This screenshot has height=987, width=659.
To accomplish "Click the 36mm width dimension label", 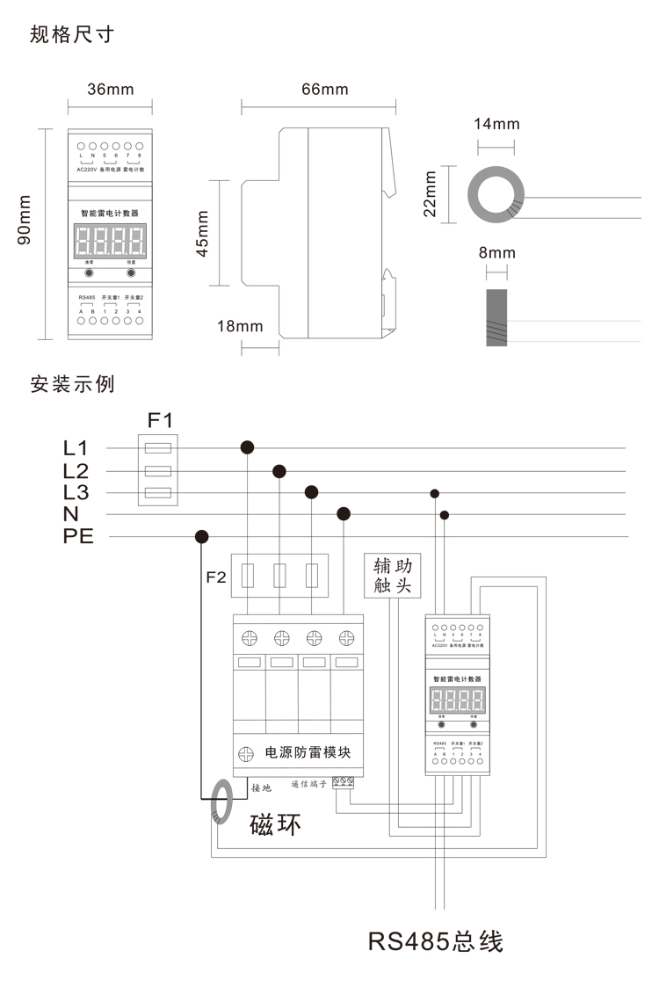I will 111,90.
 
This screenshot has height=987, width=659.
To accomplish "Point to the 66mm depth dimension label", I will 324,90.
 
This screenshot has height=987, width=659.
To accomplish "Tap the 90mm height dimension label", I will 25,232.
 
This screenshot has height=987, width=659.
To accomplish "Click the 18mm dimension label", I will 240,326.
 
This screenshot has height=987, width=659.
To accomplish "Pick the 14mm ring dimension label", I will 496,123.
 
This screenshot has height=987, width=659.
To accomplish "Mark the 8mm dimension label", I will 497,254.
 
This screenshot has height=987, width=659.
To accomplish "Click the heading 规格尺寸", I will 72,35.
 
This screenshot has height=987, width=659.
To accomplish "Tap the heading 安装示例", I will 72,384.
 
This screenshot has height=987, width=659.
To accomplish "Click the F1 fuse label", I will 159,419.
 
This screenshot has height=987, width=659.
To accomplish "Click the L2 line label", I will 76,470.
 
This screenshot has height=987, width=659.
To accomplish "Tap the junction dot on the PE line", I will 202,536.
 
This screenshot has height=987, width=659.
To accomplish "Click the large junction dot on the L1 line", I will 248,448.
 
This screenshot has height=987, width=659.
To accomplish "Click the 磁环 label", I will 276,824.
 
